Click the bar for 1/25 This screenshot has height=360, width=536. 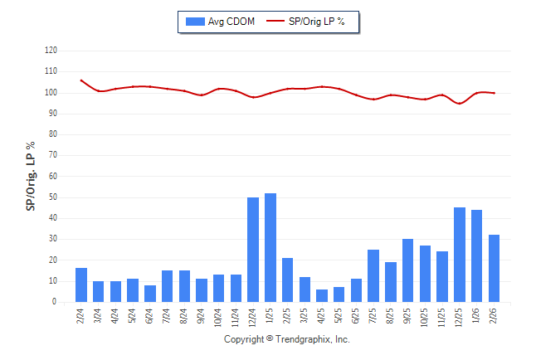click(x=270, y=247)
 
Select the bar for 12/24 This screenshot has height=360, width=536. click(x=253, y=250)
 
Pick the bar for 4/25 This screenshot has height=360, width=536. click(x=322, y=295)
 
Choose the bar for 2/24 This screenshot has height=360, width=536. click(x=81, y=285)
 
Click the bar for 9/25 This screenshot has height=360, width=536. click(x=408, y=270)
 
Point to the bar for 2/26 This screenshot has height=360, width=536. click(x=495, y=268)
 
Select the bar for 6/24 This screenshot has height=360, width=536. click(x=150, y=294)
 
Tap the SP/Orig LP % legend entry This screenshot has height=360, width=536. click(x=308, y=21)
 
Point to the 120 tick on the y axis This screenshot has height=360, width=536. click(x=51, y=51)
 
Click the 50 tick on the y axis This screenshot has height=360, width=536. click(x=53, y=197)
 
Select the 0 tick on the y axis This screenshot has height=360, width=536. click(x=55, y=302)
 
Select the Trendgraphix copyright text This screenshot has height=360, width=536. click(x=287, y=340)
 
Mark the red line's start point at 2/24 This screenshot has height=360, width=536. click(x=81, y=80)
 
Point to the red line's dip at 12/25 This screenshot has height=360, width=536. click(x=460, y=104)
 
